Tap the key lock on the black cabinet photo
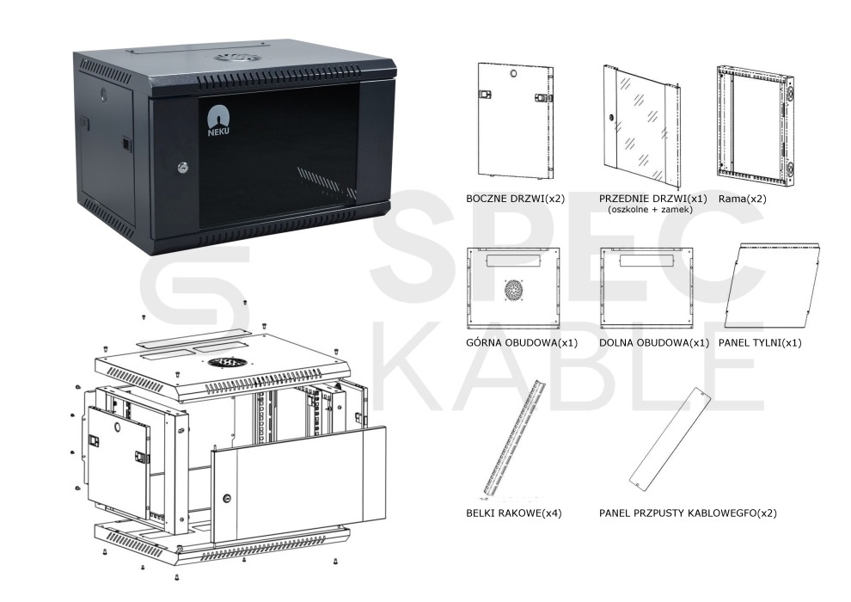182,168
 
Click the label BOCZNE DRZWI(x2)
515,199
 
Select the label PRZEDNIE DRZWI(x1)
653,199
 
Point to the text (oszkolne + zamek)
650,210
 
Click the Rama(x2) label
742,199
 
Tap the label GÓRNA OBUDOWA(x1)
522,343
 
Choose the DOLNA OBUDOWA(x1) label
654,343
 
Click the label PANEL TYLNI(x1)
760,343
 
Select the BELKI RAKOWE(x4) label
513,513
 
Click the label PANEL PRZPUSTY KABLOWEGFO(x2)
688,513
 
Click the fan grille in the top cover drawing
513,291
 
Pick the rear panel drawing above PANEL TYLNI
772,286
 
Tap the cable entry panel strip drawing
670,439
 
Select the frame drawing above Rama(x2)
755,127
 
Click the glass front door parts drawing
642,125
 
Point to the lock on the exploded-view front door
227,497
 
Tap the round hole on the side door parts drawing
513,73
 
